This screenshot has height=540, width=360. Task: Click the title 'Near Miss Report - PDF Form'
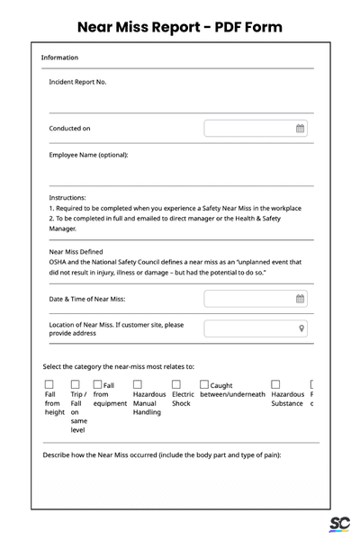click(180, 27)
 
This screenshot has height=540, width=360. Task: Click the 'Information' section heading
click(59, 58)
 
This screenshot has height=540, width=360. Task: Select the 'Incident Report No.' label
click(77, 82)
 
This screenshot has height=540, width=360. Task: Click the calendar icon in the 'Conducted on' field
click(301, 129)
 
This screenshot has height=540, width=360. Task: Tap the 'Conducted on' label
click(69, 129)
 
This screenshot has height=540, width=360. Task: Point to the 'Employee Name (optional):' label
click(88, 155)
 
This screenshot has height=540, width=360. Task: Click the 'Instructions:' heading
click(67, 197)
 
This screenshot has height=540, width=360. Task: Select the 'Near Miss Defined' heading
click(76, 252)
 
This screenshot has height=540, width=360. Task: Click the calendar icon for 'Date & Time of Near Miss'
click(301, 299)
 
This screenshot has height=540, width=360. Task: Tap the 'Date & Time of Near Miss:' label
click(86, 299)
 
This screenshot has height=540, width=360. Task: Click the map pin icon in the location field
click(301, 328)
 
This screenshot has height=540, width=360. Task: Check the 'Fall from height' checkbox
click(49, 384)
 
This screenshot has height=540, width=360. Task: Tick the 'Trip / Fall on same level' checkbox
click(76, 384)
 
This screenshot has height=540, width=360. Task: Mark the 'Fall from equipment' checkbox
click(98, 384)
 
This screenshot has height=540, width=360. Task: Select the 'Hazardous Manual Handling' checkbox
click(138, 384)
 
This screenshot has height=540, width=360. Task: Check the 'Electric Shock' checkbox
click(176, 384)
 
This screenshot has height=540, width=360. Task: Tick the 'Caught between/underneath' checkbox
click(204, 384)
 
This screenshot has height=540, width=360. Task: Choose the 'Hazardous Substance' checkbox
click(276, 384)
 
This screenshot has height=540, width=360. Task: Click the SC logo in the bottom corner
click(338, 525)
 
